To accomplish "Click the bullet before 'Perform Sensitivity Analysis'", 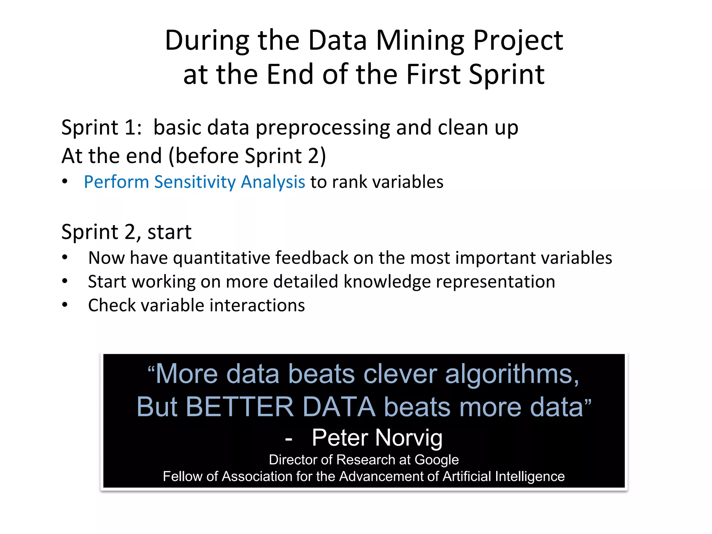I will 65,181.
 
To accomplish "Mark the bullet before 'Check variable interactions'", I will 65,305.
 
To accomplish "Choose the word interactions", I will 257,306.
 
